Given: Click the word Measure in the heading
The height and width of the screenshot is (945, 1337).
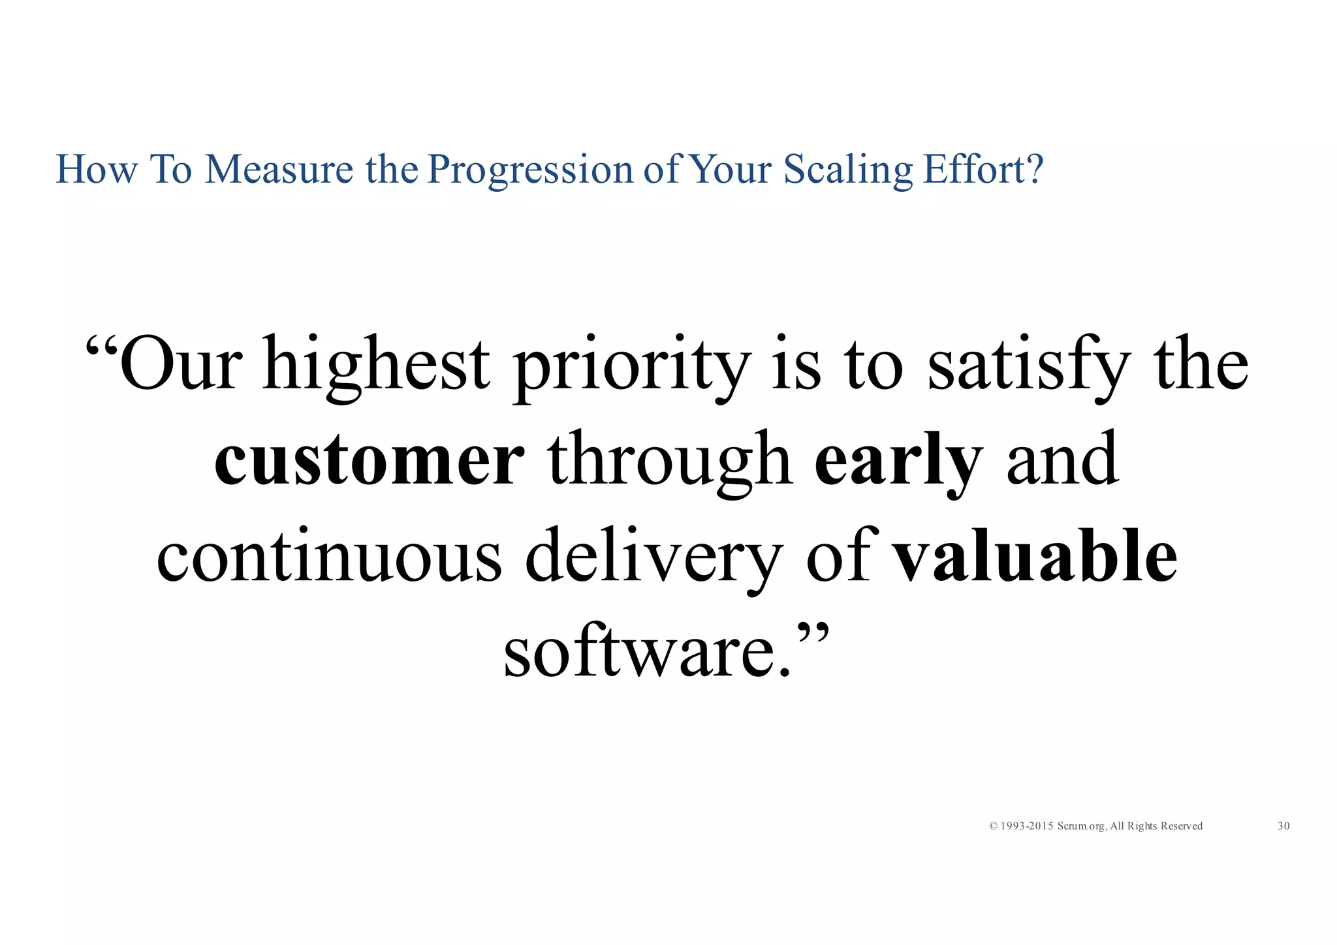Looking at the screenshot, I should pyautogui.click(x=279, y=169).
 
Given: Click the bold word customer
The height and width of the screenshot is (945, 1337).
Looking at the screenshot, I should pyautogui.click(x=369, y=461).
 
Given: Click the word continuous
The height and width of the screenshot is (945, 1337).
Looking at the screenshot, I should pyautogui.click(x=329, y=556).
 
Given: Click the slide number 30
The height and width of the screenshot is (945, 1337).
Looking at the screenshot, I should pyautogui.click(x=1283, y=826).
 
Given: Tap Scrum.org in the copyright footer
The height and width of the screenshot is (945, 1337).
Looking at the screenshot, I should pyautogui.click(x=1081, y=826).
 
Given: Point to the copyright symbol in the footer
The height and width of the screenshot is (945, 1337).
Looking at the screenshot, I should pyautogui.click(x=993, y=826).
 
